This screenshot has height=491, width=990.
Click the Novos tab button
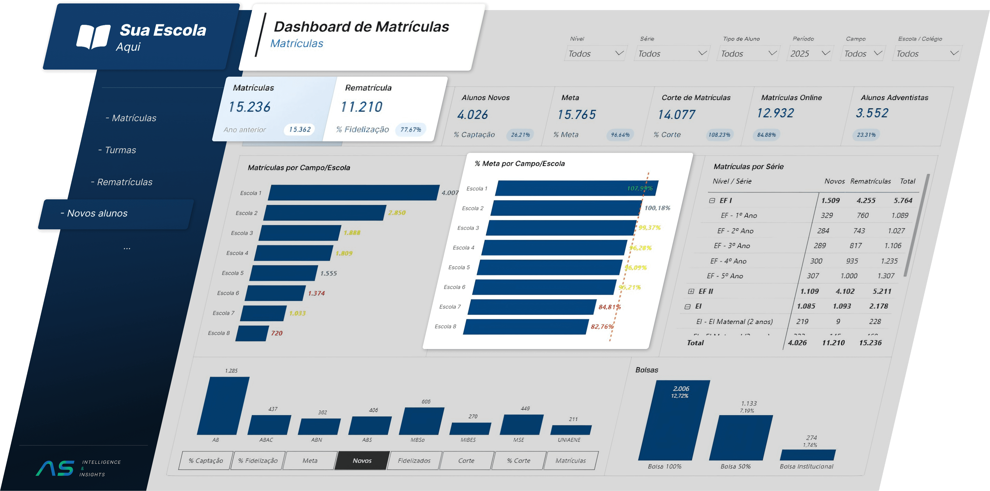pos(362,460)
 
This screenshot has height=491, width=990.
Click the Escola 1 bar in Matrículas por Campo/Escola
pos(354,193)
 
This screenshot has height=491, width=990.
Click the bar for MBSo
pos(421,421)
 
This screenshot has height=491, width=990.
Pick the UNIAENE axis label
pos(569,440)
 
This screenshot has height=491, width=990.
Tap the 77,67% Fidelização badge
pos(410,130)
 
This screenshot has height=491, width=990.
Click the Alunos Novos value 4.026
pos(472,115)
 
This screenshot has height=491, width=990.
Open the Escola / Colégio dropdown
pos(927,53)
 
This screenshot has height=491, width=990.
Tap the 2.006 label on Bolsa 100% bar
pos(681,388)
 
